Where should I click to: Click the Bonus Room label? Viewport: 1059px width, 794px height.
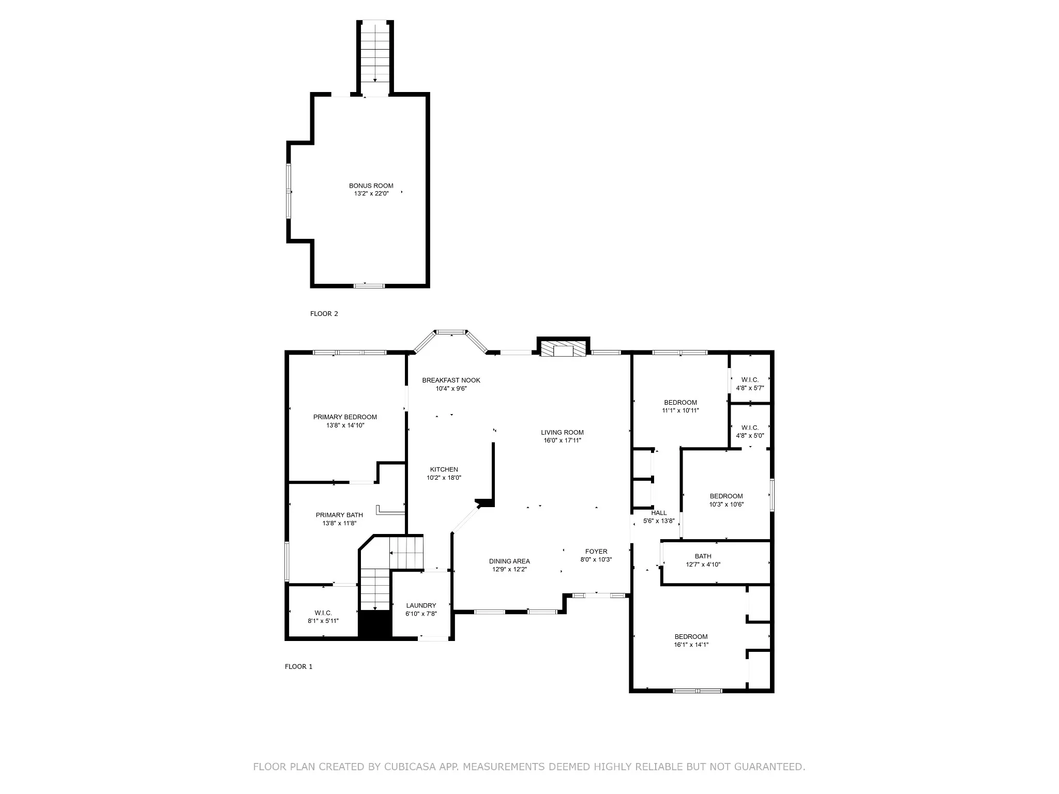coord(371,186)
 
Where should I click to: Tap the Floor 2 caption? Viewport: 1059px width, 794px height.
coord(324,314)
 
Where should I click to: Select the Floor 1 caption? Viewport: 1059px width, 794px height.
coord(298,667)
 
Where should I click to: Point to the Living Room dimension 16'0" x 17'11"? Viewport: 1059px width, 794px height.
coord(562,440)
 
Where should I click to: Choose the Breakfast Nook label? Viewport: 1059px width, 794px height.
coord(451,380)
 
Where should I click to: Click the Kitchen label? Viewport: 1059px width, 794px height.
coord(444,469)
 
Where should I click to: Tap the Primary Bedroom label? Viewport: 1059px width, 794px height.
coord(345,417)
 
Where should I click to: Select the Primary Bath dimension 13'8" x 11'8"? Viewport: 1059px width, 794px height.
coord(339,523)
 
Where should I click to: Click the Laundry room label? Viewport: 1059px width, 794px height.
coord(421,605)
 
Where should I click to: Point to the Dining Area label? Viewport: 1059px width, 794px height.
coord(509,561)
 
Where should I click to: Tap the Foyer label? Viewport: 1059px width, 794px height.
coord(596,552)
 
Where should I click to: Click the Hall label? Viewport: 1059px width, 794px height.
coord(659,513)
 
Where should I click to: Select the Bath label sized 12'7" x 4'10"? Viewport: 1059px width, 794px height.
coord(703,556)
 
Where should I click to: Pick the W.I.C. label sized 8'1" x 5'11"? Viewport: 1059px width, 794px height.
coord(323,613)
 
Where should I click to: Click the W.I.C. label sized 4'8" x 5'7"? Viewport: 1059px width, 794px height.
coord(750,380)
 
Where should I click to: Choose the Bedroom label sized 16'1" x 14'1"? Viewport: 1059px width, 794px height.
coord(691,637)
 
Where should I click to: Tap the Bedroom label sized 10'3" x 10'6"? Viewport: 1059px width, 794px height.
coord(726,496)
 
